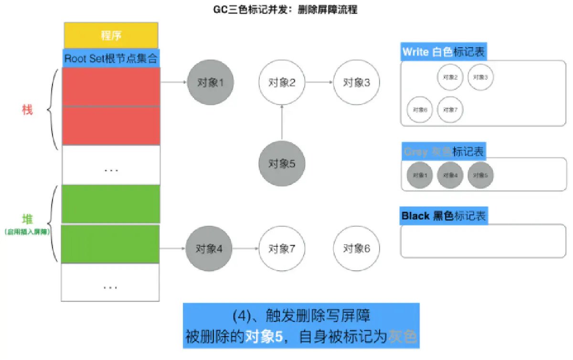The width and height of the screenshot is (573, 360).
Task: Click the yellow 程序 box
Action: tap(111, 35)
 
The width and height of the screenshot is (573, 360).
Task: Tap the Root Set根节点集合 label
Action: tap(111, 59)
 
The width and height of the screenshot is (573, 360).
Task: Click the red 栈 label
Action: tap(27, 110)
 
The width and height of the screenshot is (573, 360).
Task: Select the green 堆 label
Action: tap(28, 220)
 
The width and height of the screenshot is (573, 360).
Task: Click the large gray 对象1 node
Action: tap(210, 82)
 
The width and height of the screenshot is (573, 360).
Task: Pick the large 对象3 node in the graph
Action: tap(356, 82)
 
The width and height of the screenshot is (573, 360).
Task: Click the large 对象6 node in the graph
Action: tap(356, 248)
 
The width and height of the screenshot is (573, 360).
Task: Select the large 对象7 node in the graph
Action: tap(282, 248)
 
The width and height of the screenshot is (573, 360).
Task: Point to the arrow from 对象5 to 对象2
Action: tap(282, 123)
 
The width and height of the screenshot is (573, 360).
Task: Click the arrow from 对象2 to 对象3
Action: tap(319, 82)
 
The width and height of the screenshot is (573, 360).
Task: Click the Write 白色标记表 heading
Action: tap(444, 52)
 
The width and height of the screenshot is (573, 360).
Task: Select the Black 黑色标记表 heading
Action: tap(444, 216)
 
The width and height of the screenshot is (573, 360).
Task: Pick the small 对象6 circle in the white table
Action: tap(420, 109)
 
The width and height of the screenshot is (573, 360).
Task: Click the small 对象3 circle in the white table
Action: tap(480, 77)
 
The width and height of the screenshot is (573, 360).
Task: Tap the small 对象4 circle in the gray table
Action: tap(450, 175)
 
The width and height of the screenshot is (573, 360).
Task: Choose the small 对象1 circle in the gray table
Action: tap(420, 175)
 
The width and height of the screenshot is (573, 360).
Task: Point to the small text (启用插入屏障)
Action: tap(28, 232)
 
